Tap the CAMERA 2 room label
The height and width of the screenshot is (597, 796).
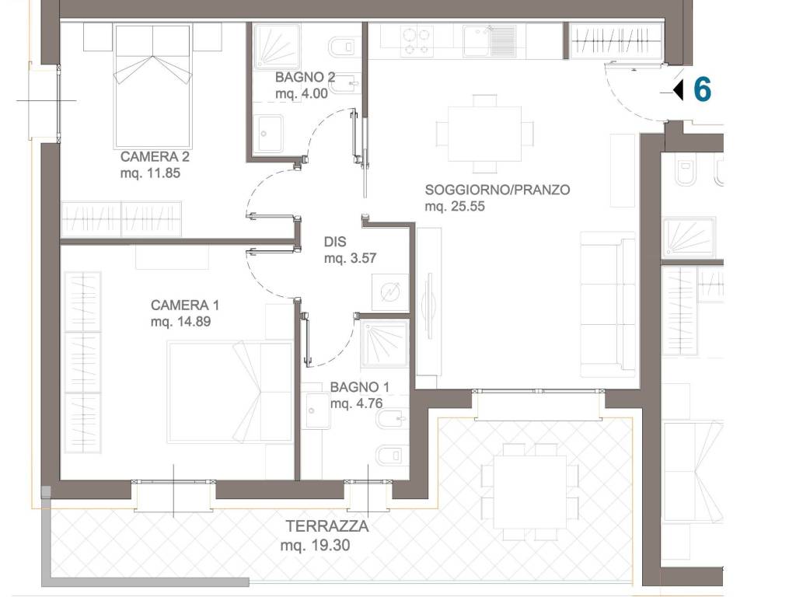[x=155, y=156]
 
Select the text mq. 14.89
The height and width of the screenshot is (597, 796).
[x=180, y=321]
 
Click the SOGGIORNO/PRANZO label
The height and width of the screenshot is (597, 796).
[x=497, y=190]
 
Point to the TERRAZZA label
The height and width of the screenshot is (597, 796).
[x=327, y=526]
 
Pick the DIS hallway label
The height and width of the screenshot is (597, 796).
[x=335, y=242]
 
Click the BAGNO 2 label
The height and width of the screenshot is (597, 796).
[x=305, y=77]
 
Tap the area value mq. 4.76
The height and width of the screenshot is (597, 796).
[x=356, y=403]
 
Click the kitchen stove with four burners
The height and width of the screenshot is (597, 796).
[x=417, y=41]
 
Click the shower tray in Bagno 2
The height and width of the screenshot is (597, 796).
[x=278, y=46]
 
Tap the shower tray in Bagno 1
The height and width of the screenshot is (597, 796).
[x=384, y=344]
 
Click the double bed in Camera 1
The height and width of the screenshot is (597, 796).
[x=230, y=392]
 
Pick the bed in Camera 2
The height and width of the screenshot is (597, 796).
[x=153, y=86]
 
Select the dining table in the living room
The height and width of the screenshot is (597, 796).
[x=485, y=134]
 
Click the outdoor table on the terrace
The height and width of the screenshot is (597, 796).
[x=530, y=492]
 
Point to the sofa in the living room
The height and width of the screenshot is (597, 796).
[x=608, y=304]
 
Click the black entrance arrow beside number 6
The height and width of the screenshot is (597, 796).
[x=678, y=90]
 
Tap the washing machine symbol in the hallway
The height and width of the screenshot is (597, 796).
[x=390, y=292]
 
